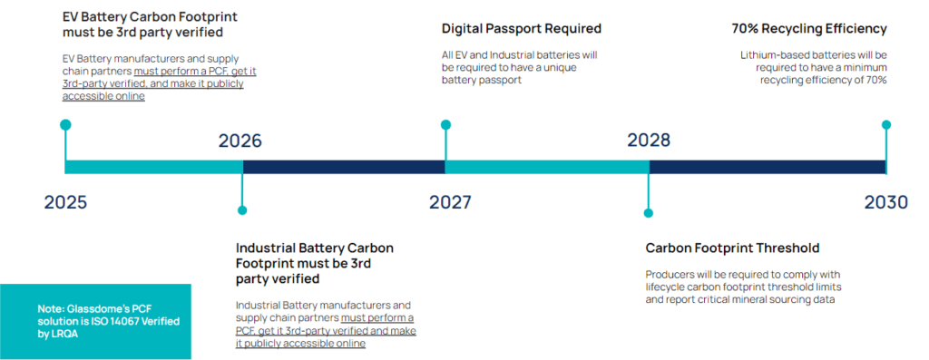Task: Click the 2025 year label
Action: tap(65, 201)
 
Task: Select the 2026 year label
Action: tap(240, 141)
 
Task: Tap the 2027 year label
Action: tap(450, 201)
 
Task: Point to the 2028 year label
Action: tap(649, 141)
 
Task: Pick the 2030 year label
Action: tap(885, 201)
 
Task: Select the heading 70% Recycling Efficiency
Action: tap(809, 29)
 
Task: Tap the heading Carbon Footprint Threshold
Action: tap(732, 248)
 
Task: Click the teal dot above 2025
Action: tap(65, 125)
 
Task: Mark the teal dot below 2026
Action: tap(242, 210)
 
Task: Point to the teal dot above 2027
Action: tap(445, 125)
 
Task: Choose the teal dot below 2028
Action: tap(649, 213)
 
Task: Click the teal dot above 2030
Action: tap(886, 125)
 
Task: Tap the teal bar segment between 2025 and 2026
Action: tap(154, 167)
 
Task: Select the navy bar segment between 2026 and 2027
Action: tap(344, 167)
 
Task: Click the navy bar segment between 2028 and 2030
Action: tap(768, 167)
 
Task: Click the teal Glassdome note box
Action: tap(95, 321)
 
